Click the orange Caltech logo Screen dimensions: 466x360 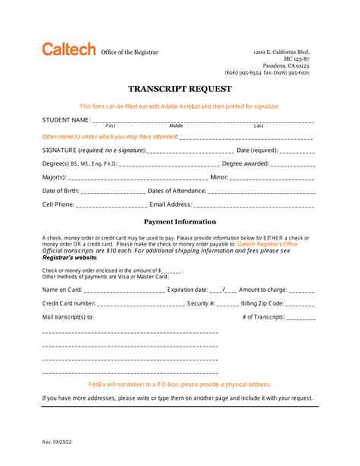coord(68,50)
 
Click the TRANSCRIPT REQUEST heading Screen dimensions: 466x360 coord(179,88)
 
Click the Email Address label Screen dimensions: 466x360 coord(171,204)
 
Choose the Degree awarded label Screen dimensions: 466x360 coord(245,163)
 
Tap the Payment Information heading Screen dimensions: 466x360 coord(179,222)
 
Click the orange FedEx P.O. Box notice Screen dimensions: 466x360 coord(179,385)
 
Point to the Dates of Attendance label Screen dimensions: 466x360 coord(176,191)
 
